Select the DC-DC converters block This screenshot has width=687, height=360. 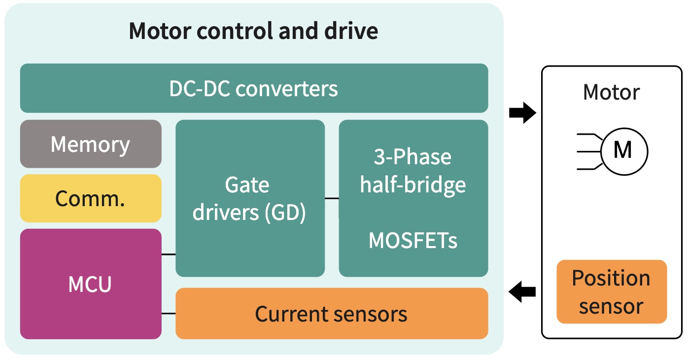[x=254, y=88]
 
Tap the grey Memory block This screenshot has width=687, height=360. [x=91, y=144]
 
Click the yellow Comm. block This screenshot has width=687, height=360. [x=91, y=198]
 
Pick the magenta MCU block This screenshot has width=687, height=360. [x=91, y=284]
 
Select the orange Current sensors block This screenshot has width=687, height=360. [x=331, y=314]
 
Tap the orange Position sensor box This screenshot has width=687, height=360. [x=611, y=292]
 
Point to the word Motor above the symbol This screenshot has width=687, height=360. [x=611, y=92]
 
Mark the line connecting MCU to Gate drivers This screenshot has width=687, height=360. [x=169, y=254]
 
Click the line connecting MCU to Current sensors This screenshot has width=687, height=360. [x=169, y=314]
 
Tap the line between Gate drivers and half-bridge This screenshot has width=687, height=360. [x=332, y=198]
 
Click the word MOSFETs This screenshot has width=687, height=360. [x=413, y=241]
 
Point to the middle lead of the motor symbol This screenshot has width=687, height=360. [x=589, y=151]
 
